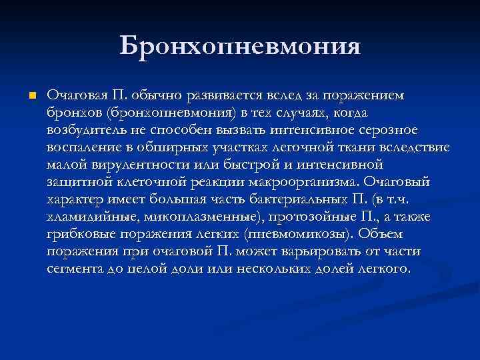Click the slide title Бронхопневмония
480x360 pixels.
pos(240,47)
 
